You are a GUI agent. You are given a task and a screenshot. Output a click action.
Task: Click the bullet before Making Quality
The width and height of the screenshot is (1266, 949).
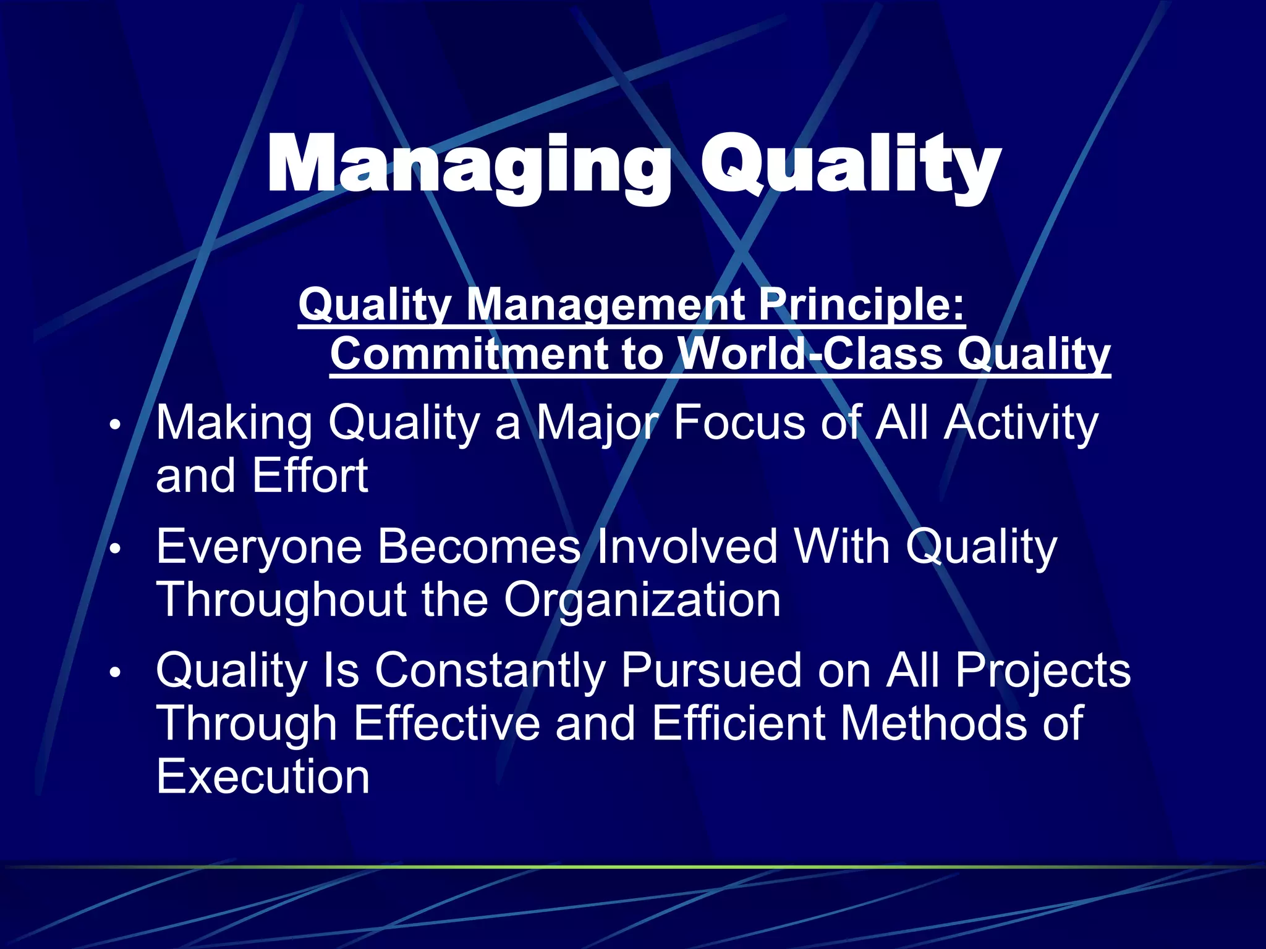(x=114, y=426)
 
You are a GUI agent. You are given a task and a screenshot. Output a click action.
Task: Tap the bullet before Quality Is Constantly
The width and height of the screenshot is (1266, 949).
(x=114, y=673)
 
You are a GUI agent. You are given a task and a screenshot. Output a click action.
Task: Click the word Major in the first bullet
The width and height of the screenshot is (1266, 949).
(x=597, y=424)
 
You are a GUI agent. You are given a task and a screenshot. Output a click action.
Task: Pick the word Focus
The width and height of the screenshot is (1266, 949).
(x=739, y=424)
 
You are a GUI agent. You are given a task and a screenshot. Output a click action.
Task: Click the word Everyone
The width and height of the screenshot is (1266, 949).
(x=258, y=547)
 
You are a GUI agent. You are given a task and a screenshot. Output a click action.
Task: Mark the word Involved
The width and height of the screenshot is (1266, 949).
(x=686, y=547)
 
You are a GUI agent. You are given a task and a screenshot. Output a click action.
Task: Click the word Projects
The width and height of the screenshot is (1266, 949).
(x=1042, y=671)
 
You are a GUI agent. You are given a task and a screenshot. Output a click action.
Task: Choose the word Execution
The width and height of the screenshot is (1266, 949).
(x=263, y=777)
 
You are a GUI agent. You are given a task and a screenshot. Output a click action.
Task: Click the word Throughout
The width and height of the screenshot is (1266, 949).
(x=281, y=600)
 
